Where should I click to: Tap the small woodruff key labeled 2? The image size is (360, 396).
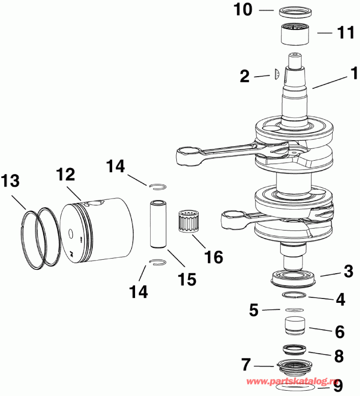276,74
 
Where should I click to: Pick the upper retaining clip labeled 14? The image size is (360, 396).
158,186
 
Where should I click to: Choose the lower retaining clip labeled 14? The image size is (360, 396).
158,263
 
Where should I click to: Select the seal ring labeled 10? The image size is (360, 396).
294,10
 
